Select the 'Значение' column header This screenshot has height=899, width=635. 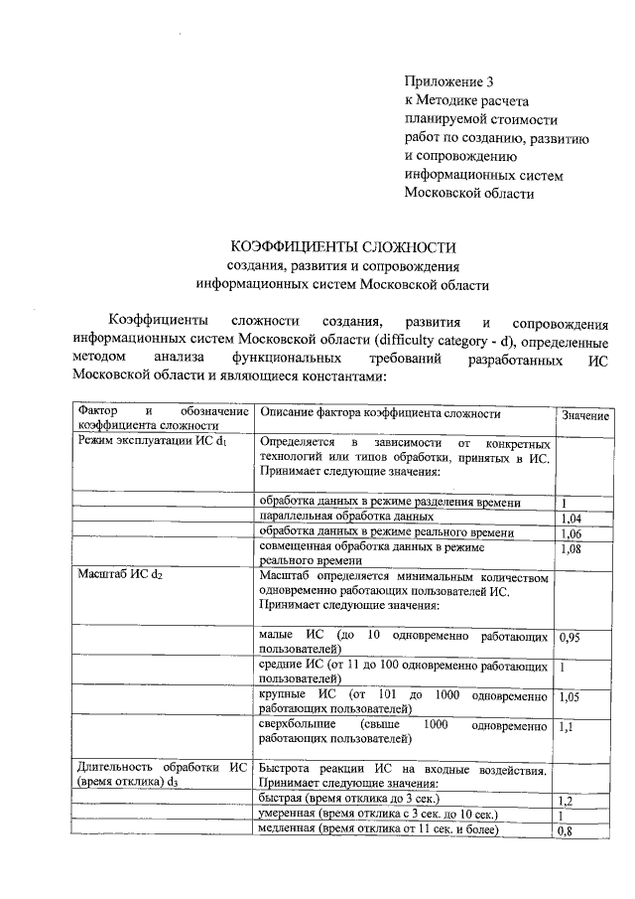[x=584, y=415]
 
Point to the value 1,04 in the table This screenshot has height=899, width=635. [x=570, y=519]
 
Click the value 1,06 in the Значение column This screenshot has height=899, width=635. [x=570, y=533]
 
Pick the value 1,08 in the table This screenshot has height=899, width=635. [x=570, y=548]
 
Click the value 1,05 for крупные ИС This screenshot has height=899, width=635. [x=570, y=697]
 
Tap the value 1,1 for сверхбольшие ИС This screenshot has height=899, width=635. [x=567, y=728]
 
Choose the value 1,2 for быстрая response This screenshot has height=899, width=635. [x=567, y=801]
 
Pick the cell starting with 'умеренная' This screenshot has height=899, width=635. [x=377, y=815]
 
